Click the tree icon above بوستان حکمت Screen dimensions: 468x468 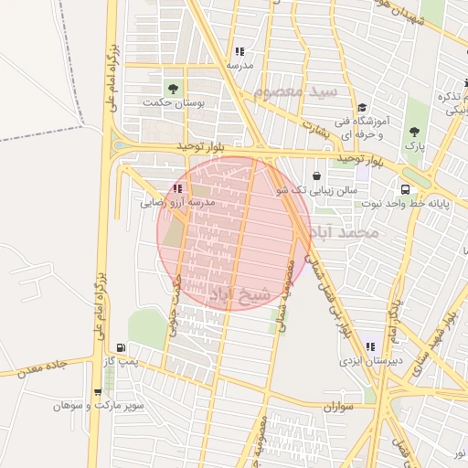point(173,88)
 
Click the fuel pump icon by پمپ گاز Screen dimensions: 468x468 point(122,348)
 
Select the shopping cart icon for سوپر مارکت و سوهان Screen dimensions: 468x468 point(98,392)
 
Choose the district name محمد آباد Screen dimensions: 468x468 point(344,234)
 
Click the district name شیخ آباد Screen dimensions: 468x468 point(240,294)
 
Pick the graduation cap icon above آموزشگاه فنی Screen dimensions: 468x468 point(362,108)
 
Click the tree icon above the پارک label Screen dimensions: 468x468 point(415,132)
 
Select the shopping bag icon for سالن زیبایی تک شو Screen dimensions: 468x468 point(316,175)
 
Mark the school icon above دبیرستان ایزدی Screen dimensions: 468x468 point(370,347)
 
